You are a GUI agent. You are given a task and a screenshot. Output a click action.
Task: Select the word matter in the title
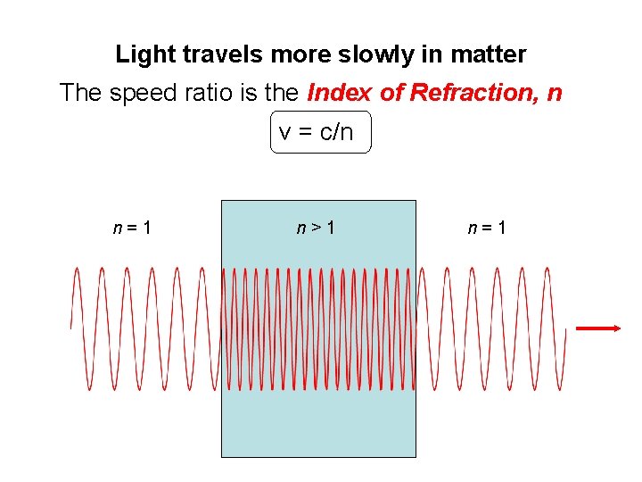[x=488, y=55]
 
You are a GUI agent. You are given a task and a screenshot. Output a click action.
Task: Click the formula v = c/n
[x=317, y=133]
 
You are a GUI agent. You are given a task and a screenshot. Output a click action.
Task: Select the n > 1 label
[x=317, y=228]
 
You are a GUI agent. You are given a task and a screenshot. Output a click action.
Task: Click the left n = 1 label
[x=132, y=228]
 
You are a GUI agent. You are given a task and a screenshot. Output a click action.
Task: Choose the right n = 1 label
[x=488, y=228]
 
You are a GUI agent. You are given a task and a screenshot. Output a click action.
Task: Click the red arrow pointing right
[x=597, y=328]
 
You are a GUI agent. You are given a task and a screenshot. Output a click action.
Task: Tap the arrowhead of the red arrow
[x=614, y=328]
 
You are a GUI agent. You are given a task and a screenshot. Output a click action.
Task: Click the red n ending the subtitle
[x=555, y=94]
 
